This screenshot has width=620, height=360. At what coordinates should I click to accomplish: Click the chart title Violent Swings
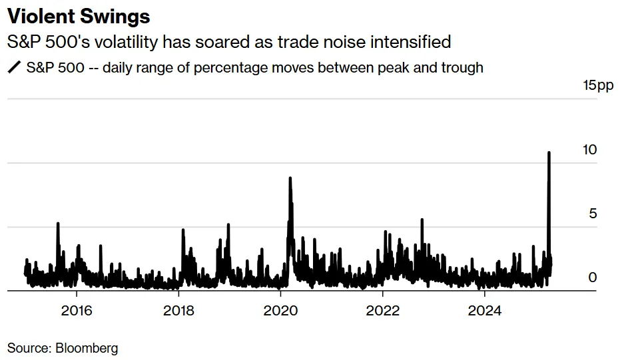tap(79, 16)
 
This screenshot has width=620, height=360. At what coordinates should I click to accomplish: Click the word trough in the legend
tap(462, 67)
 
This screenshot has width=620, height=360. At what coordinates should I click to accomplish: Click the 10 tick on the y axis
tap(589, 150)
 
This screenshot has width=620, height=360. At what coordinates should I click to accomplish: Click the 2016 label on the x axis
tap(76, 310)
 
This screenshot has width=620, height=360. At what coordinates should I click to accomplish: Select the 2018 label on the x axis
tap(178, 310)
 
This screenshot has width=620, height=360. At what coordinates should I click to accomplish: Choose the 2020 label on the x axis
tap(280, 310)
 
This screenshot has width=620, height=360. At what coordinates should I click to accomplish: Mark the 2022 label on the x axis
tap(383, 310)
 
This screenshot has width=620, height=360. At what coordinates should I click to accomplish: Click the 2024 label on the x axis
tap(485, 310)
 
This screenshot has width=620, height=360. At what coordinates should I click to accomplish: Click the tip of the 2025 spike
tap(549, 152)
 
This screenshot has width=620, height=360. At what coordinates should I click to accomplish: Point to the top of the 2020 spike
tap(290, 178)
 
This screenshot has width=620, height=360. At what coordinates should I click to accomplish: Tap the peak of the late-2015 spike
tap(58, 223)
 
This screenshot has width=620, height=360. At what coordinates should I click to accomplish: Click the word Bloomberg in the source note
tap(87, 347)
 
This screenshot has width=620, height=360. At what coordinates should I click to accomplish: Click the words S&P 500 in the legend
tap(53, 67)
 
